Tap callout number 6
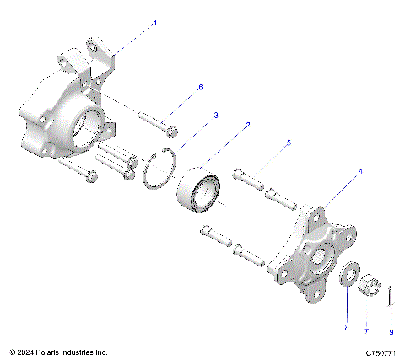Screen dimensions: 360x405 (x=200, y=88)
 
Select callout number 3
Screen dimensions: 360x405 (x=215, y=115)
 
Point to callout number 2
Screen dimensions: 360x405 (x=247, y=125)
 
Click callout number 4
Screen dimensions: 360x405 (x=361, y=171)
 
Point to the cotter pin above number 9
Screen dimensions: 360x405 (x=391, y=295)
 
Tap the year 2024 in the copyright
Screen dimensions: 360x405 (x=24, y=352)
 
